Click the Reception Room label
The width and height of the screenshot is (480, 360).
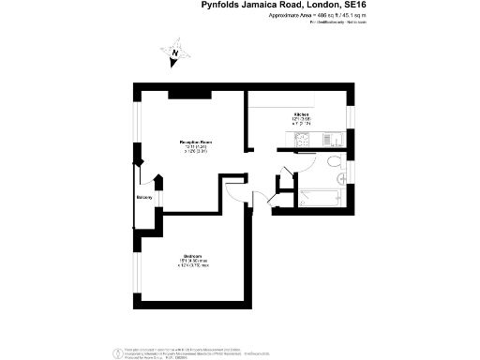pos(197,142)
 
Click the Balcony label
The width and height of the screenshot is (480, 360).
pos(143,198)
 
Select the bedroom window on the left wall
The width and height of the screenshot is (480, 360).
pos(135,267)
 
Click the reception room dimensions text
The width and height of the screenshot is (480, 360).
pos(197,150)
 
